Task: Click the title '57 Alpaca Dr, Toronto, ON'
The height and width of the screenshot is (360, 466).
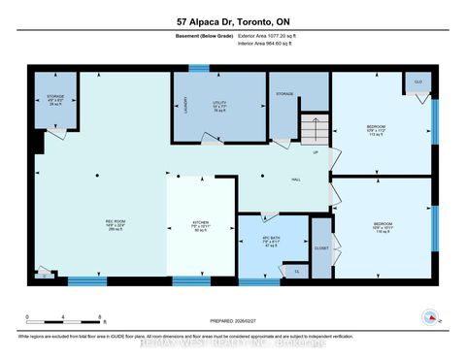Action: pos(233,22)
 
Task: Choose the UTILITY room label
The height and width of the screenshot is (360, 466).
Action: pos(219,104)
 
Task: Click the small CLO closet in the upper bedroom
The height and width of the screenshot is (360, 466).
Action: pos(417,82)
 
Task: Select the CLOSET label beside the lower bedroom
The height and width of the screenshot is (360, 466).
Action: pos(321,248)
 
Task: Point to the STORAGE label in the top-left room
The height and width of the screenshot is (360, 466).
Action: pos(54,99)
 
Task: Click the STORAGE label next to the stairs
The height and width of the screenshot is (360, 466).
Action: pos(283,94)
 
